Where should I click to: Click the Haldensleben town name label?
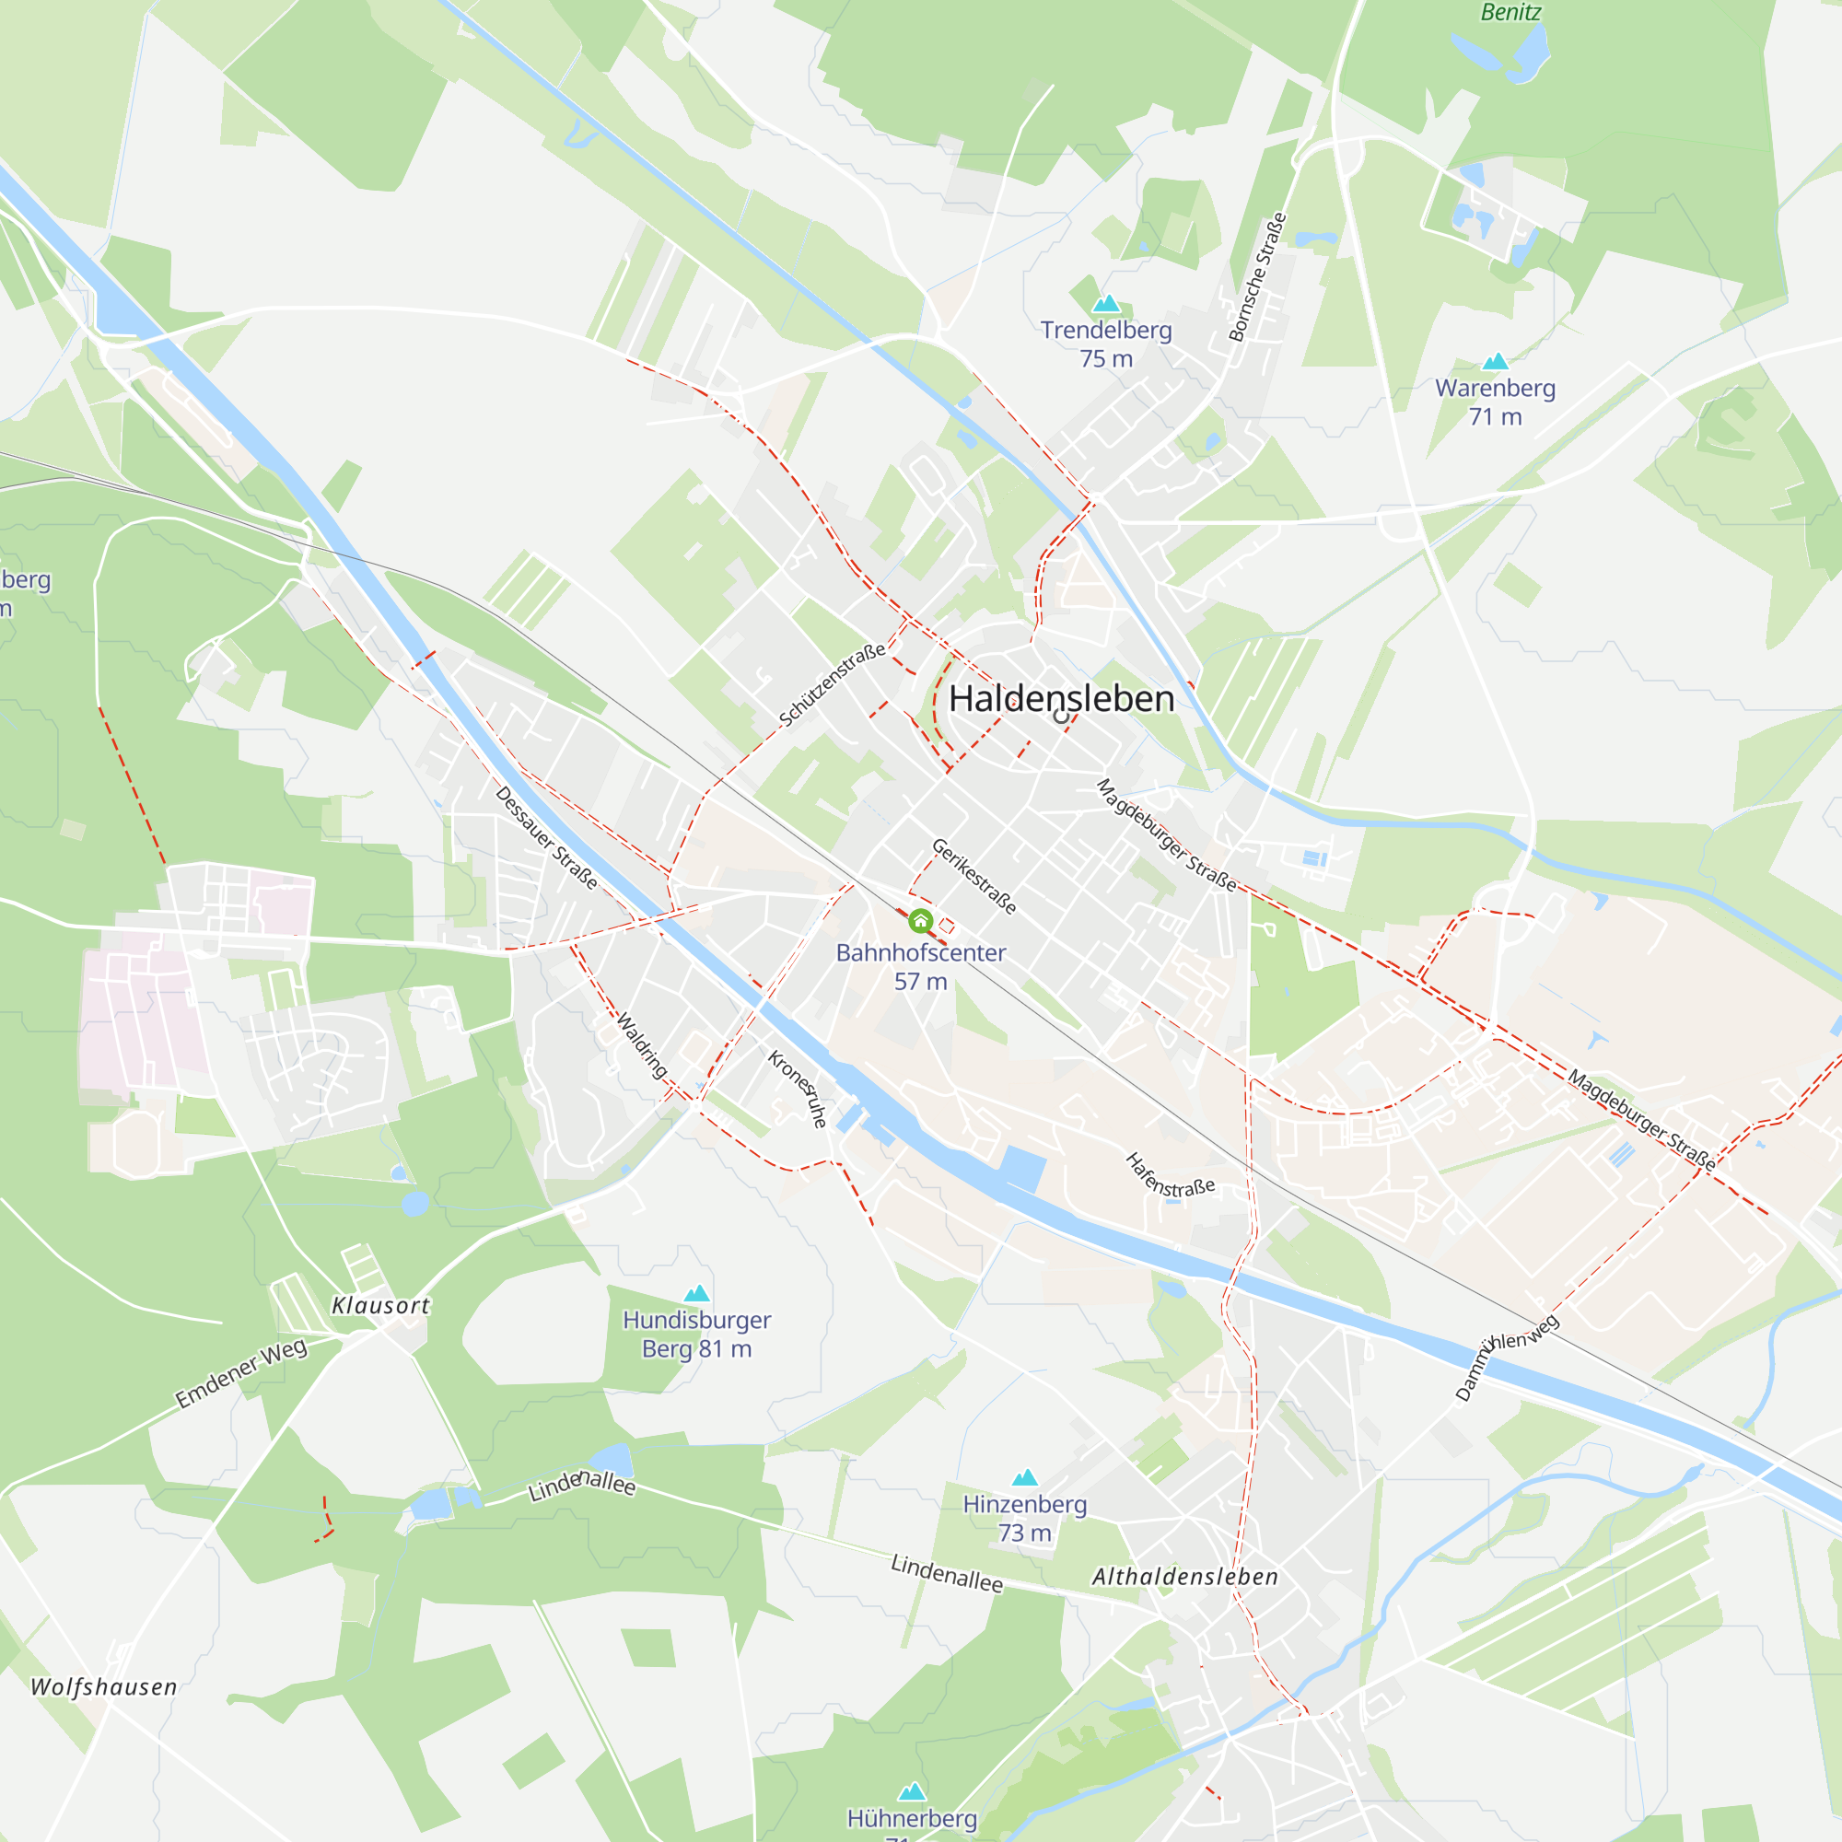coord(1061,699)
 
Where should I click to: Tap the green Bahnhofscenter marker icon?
coord(920,920)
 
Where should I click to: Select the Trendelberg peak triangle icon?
coord(1106,304)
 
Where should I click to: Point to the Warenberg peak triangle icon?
coord(1495,361)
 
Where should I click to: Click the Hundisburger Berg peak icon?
coord(697,1294)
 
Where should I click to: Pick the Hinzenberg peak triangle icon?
coord(1025,1478)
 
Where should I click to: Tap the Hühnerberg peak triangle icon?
coord(913,1791)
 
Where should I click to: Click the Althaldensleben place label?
coord(1185,1577)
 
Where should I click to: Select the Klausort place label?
coord(380,1306)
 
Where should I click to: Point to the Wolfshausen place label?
coord(104,1686)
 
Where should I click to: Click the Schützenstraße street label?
coord(833,684)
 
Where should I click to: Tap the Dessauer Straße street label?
coord(546,838)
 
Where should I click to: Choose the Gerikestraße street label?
coord(973,876)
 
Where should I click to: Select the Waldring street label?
coord(642,1046)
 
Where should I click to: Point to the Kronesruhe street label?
coord(797,1089)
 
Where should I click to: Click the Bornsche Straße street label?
coord(1257,276)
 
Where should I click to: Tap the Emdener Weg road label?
coord(241,1373)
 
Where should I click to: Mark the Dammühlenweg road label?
coord(1507,1357)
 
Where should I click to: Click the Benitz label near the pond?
coord(1510,12)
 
